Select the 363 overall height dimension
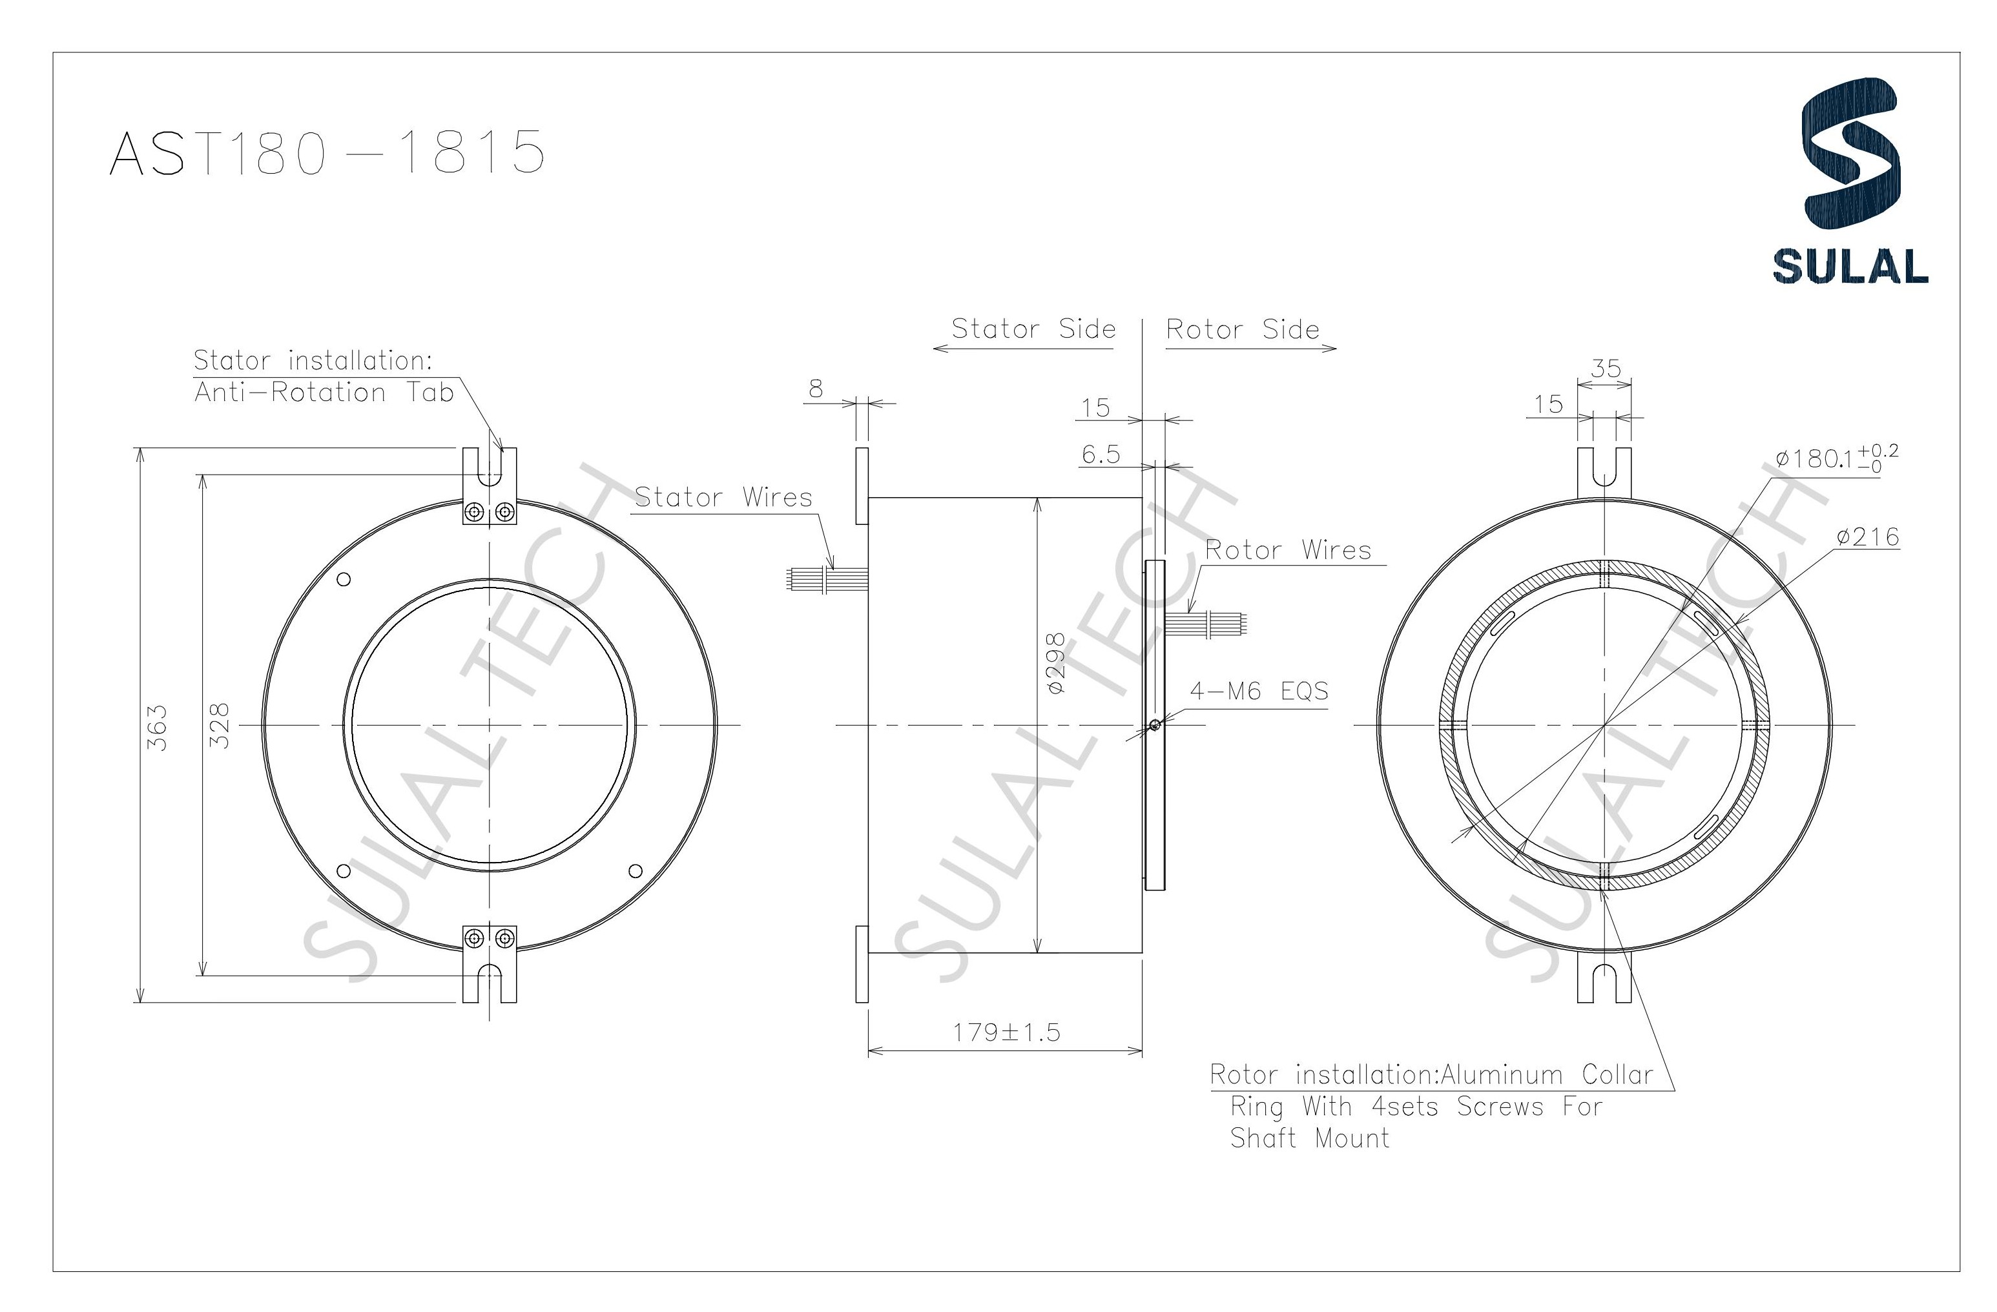click(157, 726)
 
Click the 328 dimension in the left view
click(217, 726)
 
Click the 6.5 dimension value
click(1100, 455)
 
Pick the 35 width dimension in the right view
click(1605, 368)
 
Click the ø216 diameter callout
click(1867, 537)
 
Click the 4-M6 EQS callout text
click(1259, 692)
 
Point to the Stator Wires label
click(723, 497)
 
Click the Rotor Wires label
click(1287, 550)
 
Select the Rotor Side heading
click(1242, 330)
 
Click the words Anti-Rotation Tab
click(324, 393)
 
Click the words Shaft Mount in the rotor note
click(1309, 1138)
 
